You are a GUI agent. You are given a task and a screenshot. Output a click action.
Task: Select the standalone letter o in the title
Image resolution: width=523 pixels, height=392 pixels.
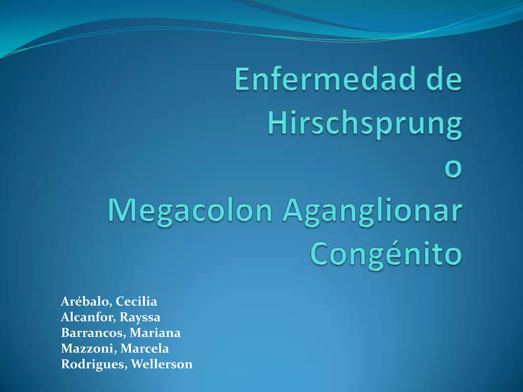[453, 169]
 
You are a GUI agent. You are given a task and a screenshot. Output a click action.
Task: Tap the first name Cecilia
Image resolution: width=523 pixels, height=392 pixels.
[136, 302]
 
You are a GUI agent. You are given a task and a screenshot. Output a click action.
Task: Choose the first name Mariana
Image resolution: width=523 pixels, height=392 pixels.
[155, 333]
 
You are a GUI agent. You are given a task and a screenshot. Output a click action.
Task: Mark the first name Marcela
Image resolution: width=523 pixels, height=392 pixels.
[145, 348]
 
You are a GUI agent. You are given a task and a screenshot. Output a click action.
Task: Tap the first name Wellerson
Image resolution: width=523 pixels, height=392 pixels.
[162, 364]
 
